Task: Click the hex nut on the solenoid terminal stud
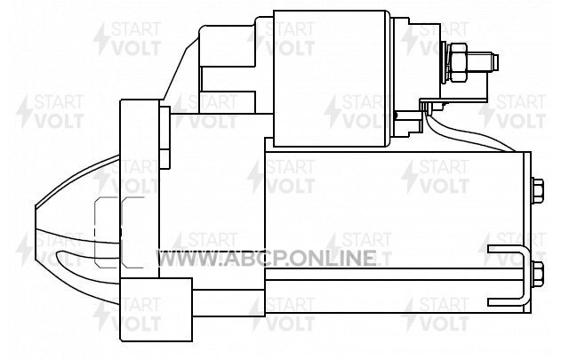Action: (458, 62)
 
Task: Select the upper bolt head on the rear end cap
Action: (538, 191)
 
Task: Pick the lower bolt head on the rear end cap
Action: (538, 274)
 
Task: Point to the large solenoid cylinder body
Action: (332, 78)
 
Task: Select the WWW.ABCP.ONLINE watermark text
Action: (266, 259)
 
